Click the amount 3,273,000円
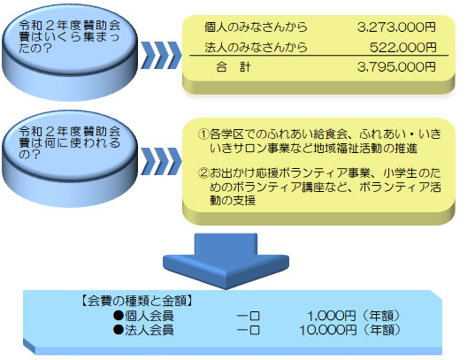[396, 27]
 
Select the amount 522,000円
[402, 47]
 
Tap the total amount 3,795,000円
[396, 67]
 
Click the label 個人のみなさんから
[256, 27]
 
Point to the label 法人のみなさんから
[256, 47]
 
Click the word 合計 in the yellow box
[234, 67]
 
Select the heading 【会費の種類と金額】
[137, 301]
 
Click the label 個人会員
[149, 316]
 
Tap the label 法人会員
[149, 330]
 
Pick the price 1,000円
[332, 316]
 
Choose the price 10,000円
[327, 330]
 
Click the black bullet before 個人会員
[119, 316]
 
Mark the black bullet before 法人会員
[119, 330]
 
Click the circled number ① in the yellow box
[203, 134]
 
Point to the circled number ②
[203, 173]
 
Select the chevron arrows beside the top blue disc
[161, 55]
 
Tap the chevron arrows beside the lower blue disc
[161, 161]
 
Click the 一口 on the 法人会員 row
[249, 330]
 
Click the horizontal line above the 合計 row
[319, 56]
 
